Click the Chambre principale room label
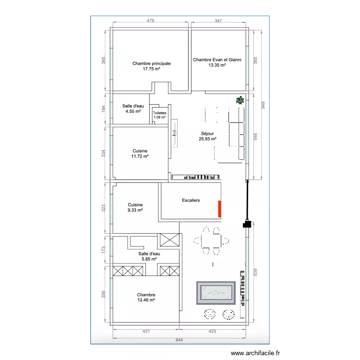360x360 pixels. tap(151, 63)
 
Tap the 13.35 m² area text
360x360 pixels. tap(217, 66)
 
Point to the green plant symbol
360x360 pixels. tap(240, 100)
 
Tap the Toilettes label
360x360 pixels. tap(159, 113)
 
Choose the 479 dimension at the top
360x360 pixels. tap(150, 21)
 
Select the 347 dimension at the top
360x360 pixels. tap(219, 21)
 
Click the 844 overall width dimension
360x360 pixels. tap(180, 340)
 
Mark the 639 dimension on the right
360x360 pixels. tap(256, 272)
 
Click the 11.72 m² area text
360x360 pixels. tap(140, 156)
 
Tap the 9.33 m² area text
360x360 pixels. tap(135, 210)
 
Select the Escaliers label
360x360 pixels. tap(191, 200)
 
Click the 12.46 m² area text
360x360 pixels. tap(146, 300)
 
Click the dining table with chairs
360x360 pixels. tap(211, 241)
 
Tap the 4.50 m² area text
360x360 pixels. tap(133, 111)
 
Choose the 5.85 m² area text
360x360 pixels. tap(149, 259)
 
